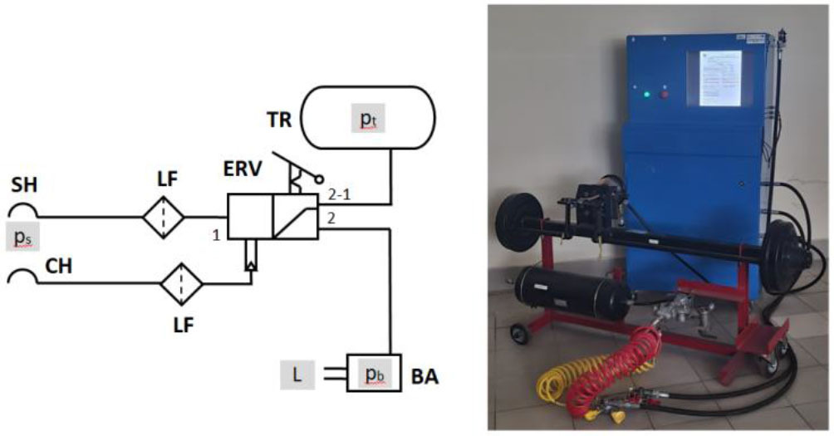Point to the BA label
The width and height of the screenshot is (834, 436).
(425, 377)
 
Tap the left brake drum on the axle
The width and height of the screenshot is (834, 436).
(514, 218)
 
